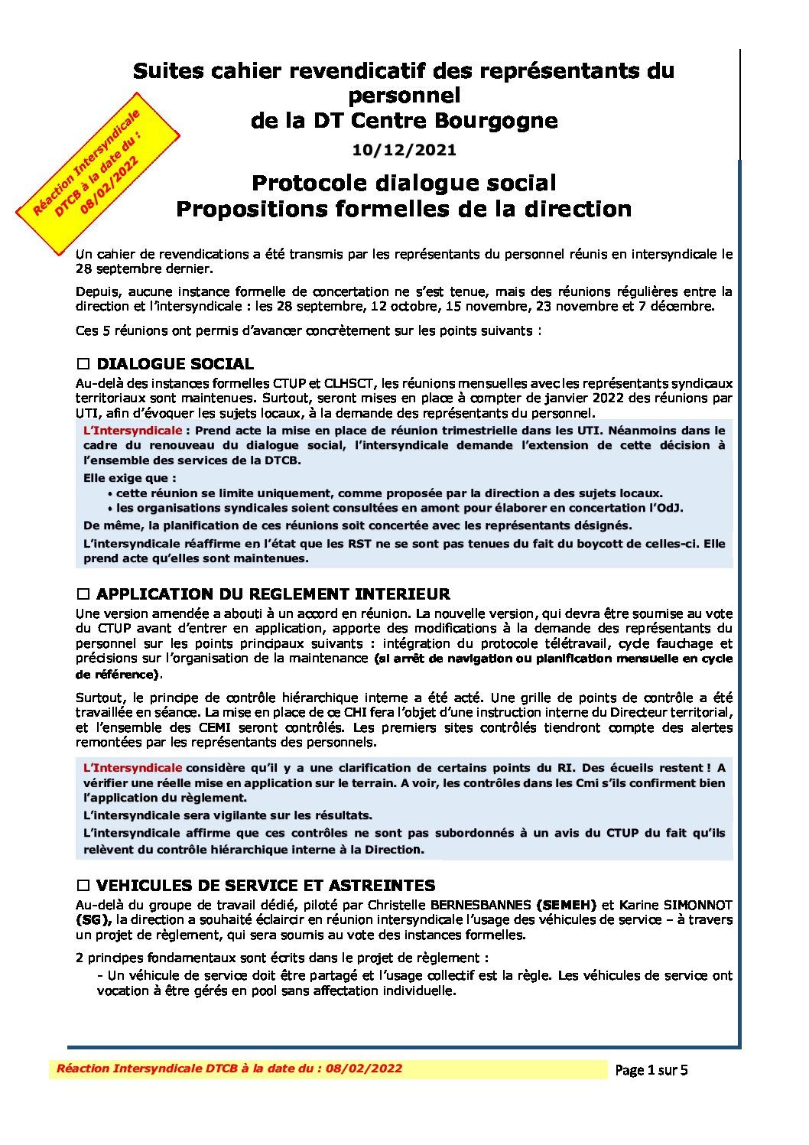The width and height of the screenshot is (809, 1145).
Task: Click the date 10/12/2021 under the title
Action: (x=404, y=150)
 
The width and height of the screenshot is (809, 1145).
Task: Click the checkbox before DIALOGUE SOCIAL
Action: (x=83, y=364)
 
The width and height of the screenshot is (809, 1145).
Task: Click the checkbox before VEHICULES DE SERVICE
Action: (x=83, y=886)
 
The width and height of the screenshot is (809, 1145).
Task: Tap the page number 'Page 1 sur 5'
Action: (x=651, y=1070)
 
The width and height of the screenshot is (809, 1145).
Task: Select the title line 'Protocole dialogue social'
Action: (x=404, y=183)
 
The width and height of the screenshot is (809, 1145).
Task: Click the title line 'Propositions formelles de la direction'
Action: (x=404, y=209)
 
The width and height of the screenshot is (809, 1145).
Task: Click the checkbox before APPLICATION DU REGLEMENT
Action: (x=83, y=594)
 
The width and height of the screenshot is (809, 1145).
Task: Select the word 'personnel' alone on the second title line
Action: (x=404, y=96)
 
